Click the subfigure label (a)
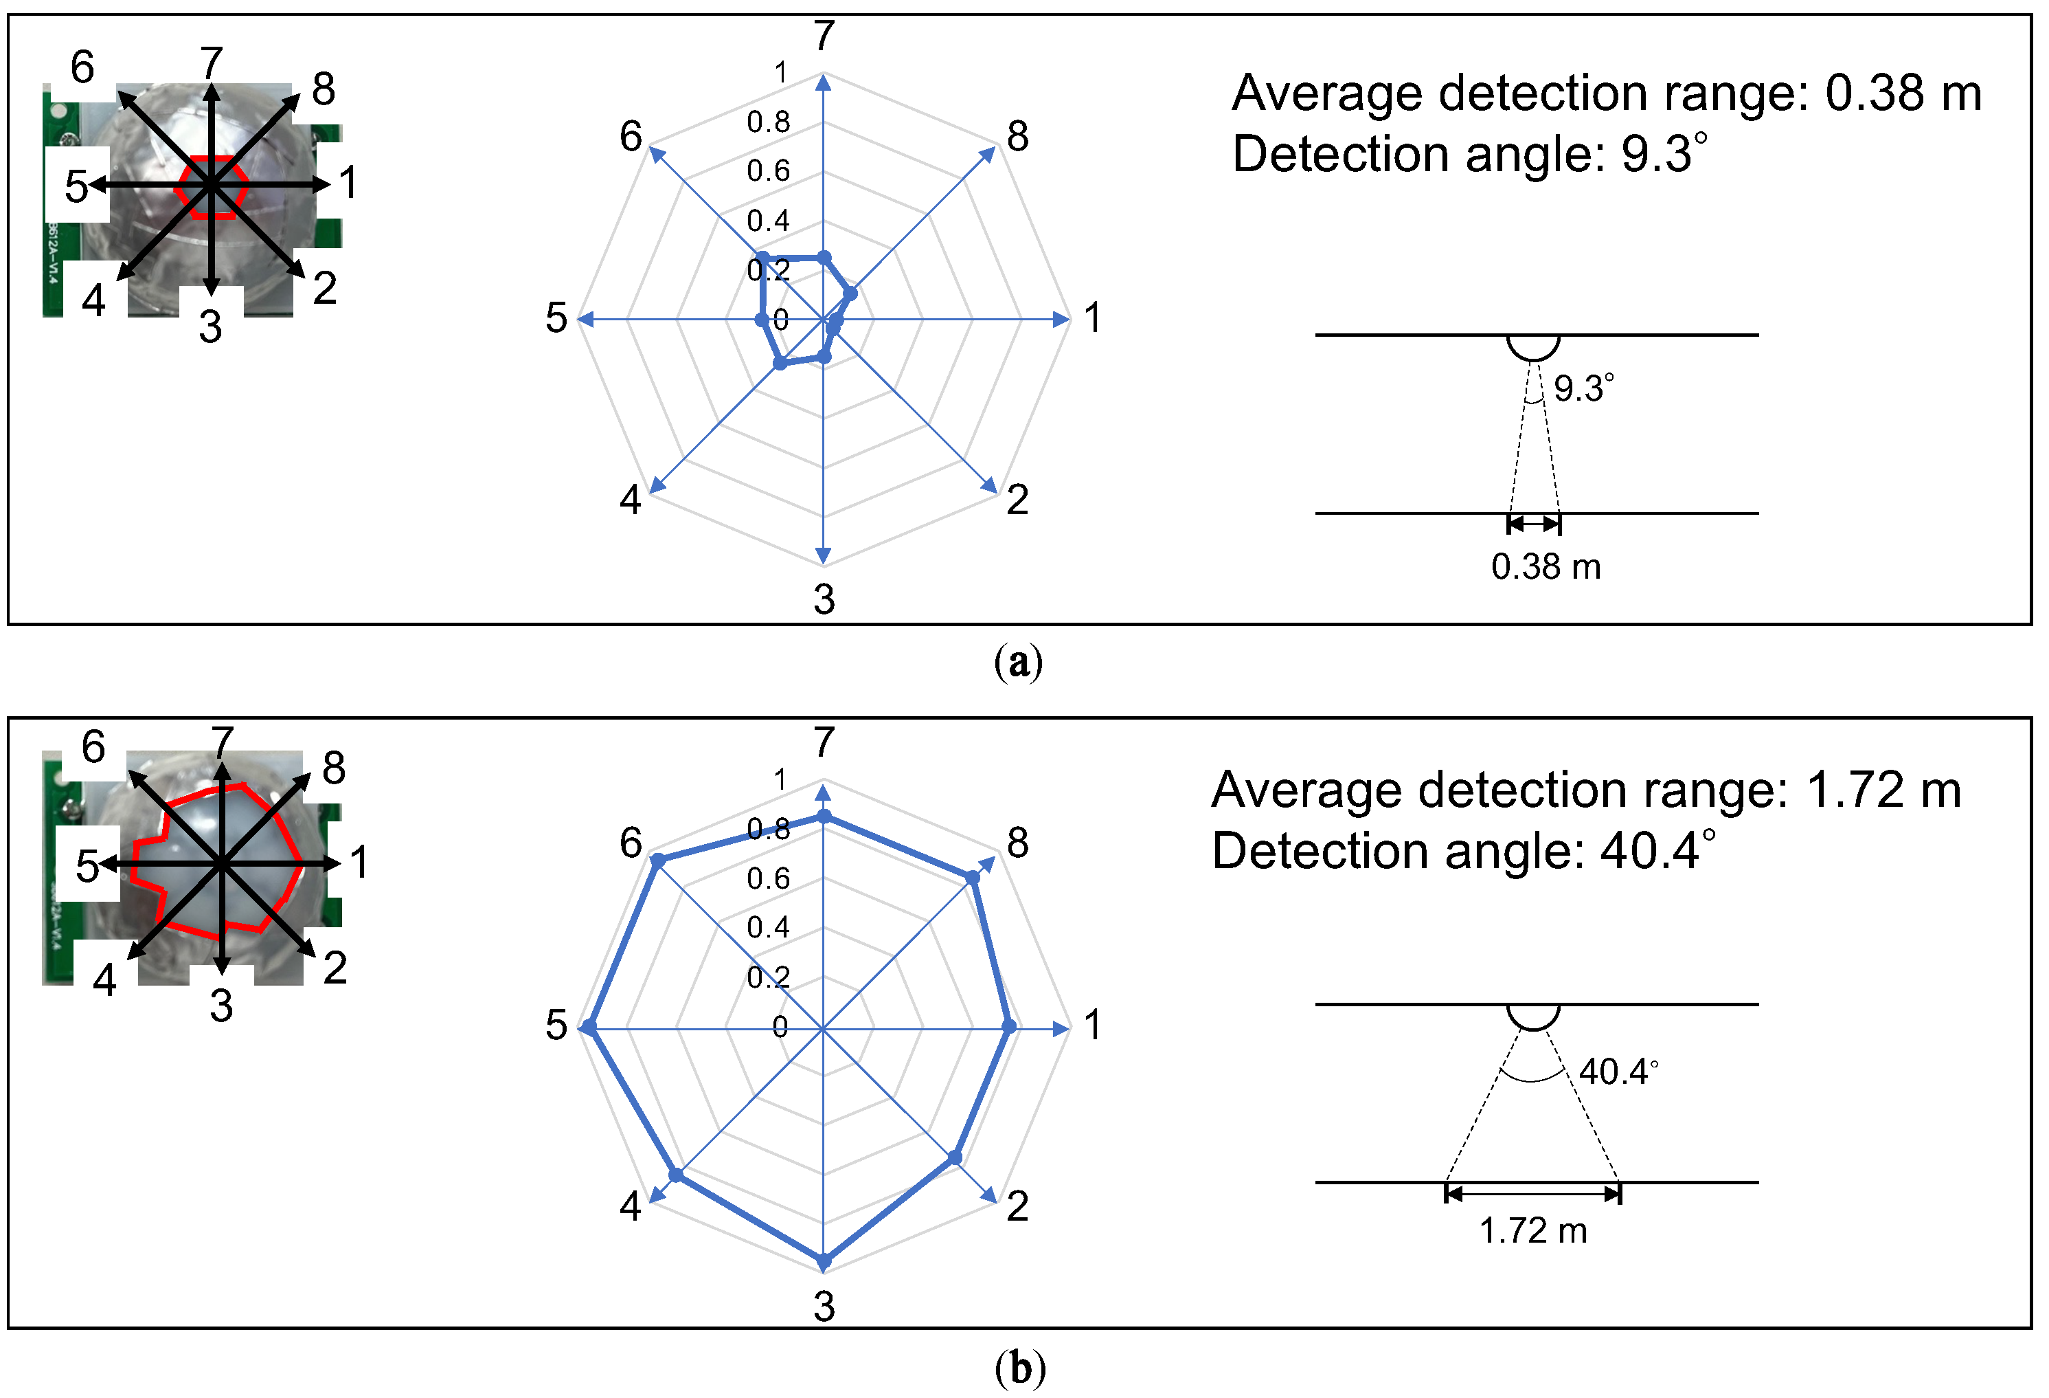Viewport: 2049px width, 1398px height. pos(1019,661)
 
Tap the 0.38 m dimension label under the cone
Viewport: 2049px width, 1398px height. pos(1546,566)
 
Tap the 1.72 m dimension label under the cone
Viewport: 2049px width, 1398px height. pos(1533,1230)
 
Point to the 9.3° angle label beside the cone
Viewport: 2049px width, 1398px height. pos(1583,388)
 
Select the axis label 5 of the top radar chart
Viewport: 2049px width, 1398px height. pos(556,318)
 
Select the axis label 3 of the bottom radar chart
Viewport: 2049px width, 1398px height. pos(824,1307)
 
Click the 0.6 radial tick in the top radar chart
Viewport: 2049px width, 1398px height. pos(768,171)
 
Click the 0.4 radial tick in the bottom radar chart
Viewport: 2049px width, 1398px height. pos(768,927)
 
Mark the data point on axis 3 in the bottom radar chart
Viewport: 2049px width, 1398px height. pos(824,1261)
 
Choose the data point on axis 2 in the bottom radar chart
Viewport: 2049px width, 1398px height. pos(955,1157)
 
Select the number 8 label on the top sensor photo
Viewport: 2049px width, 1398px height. pos(324,89)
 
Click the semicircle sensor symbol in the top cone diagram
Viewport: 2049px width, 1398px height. pos(1533,346)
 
